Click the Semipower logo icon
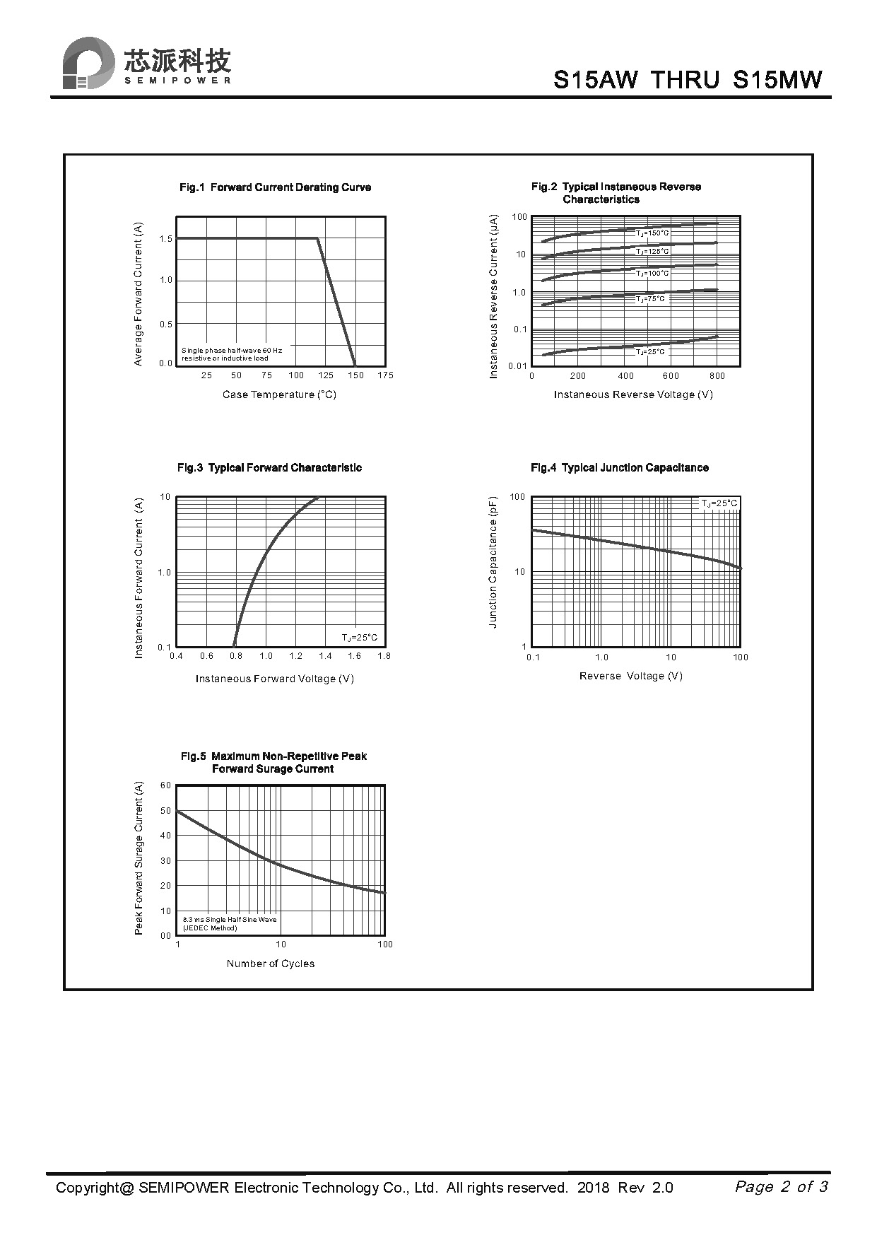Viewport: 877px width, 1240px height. [x=88, y=63]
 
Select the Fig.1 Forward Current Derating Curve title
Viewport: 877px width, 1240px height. [x=275, y=187]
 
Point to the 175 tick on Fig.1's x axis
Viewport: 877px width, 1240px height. [x=385, y=375]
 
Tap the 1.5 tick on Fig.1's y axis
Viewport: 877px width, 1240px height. [x=166, y=239]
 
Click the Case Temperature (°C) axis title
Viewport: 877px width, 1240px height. [x=279, y=394]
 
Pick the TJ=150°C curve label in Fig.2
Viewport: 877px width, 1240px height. [x=652, y=233]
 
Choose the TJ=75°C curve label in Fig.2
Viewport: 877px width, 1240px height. [x=649, y=299]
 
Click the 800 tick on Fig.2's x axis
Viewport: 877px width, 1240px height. [x=717, y=376]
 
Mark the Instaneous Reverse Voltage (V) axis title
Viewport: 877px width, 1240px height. [x=633, y=394]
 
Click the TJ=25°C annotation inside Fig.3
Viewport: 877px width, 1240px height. [x=360, y=638]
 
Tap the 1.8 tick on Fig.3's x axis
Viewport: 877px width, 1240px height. [x=384, y=656]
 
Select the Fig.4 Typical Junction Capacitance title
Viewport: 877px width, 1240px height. [x=619, y=468]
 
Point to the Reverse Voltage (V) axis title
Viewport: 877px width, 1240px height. [x=630, y=676]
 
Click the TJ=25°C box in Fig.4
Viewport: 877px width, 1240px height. [x=719, y=503]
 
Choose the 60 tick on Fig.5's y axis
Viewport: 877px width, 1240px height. [x=166, y=785]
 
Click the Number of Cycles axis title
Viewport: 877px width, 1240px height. [x=271, y=964]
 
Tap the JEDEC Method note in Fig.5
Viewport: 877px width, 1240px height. [x=210, y=928]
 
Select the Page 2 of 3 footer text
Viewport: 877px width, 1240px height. [x=781, y=1186]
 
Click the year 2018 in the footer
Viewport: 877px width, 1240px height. [x=593, y=1188]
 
